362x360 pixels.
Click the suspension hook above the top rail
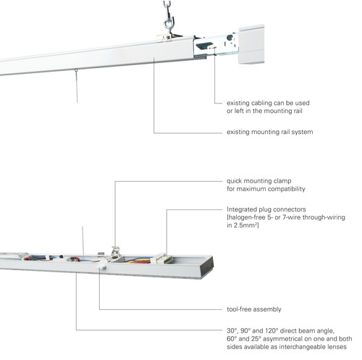tap(169, 20)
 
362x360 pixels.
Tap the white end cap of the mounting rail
tap(251, 44)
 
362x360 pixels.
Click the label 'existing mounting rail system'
tap(269, 132)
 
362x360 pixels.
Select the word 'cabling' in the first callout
tap(261, 103)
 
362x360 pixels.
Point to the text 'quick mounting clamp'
tap(259, 181)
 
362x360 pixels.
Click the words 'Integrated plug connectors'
tap(266, 209)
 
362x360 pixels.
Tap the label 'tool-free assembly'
tap(254, 309)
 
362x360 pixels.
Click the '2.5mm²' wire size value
tap(246, 225)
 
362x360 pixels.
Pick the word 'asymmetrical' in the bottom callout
tap(282, 339)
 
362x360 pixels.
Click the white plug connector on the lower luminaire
tap(162, 259)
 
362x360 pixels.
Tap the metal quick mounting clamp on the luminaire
tap(115, 252)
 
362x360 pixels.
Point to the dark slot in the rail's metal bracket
tap(204, 45)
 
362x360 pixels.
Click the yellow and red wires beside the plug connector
tap(138, 260)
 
